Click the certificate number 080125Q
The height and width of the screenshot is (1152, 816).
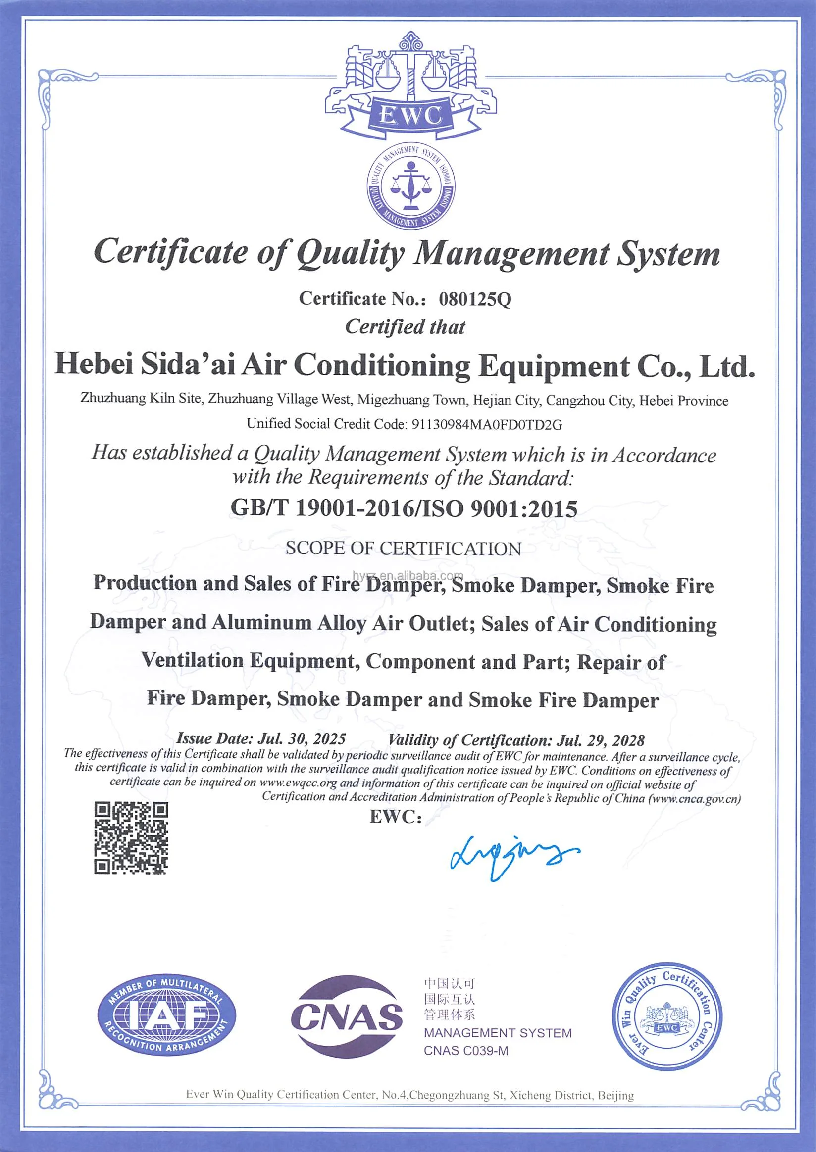click(x=475, y=299)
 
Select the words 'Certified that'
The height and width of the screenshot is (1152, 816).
click(x=405, y=327)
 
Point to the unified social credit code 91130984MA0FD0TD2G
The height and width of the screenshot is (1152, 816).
click(x=486, y=425)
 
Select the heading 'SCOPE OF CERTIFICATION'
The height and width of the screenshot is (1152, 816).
click(x=403, y=548)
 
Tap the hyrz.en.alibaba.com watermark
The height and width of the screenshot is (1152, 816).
click(x=408, y=575)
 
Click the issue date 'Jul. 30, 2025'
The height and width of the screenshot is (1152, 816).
click(x=302, y=738)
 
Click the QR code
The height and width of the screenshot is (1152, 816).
click(x=131, y=838)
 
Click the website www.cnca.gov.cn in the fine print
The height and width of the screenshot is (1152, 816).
click(x=695, y=798)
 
